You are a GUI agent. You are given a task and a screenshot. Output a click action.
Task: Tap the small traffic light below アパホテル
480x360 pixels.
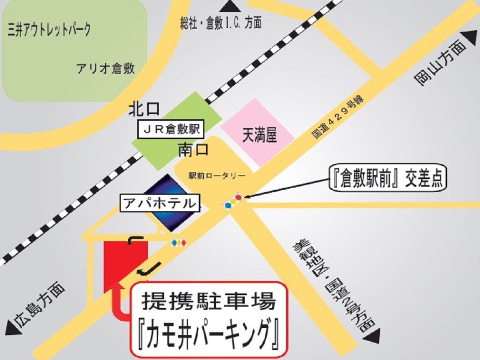[178, 242]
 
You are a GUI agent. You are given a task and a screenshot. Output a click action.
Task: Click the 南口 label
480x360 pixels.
[194, 150]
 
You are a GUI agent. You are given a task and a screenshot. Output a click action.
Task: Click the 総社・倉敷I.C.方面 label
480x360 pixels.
[221, 23]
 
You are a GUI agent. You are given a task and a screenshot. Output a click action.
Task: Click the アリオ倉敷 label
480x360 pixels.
[106, 68]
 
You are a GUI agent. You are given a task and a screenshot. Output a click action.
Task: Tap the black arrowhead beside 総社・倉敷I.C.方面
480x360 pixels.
[230, 6]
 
